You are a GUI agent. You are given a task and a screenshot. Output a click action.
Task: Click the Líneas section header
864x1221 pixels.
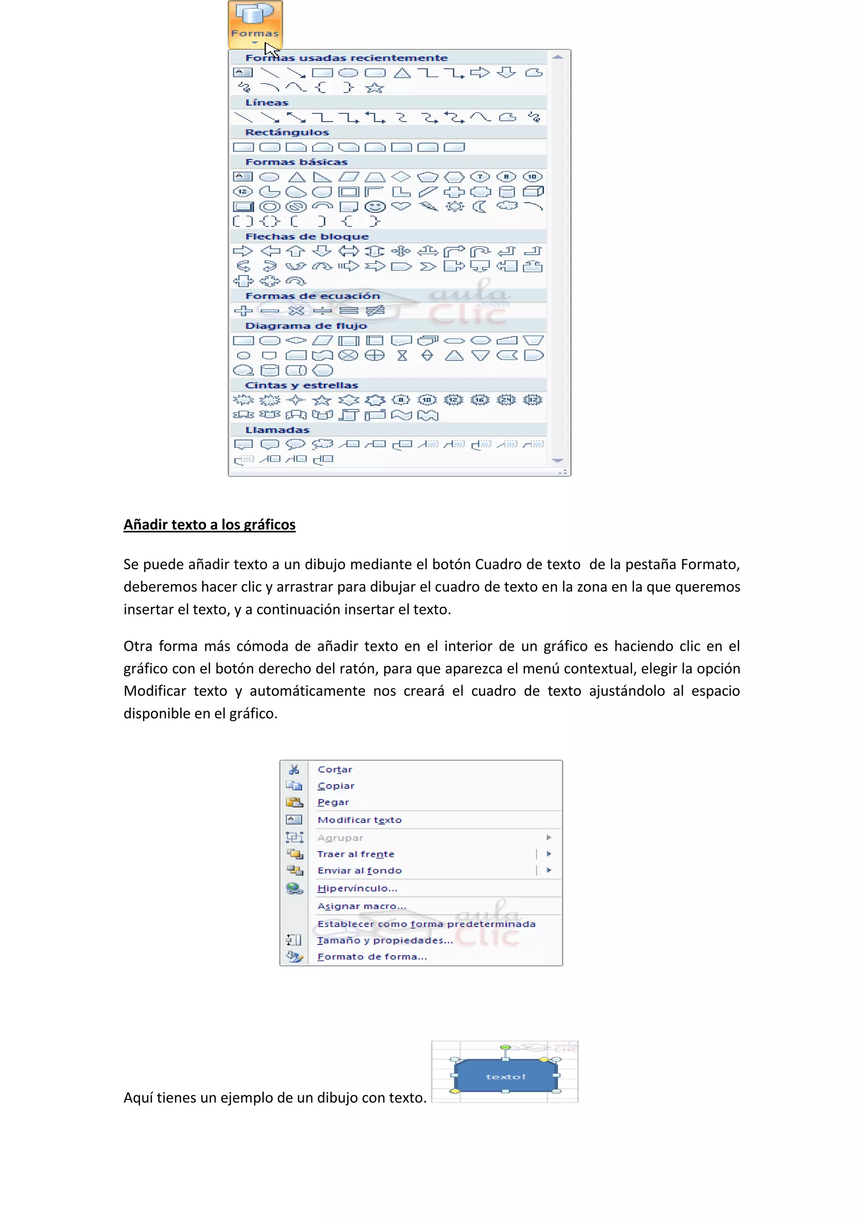point(267,102)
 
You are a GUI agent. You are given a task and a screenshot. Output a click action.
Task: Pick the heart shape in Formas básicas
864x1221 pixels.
point(401,206)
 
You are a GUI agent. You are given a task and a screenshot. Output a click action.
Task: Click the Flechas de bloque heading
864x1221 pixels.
point(307,237)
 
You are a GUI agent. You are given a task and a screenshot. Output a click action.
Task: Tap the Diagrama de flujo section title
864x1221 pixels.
point(306,326)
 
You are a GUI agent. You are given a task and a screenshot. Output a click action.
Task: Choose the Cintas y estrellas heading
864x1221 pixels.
point(302,385)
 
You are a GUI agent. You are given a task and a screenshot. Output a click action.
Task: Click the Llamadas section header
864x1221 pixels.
point(277,430)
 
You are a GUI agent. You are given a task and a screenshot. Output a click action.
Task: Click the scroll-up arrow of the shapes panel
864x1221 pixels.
point(558,57)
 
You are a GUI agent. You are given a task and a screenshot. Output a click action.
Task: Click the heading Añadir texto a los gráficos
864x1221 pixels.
point(210,525)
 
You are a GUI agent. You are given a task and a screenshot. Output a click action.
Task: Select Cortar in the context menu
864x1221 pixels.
point(335,769)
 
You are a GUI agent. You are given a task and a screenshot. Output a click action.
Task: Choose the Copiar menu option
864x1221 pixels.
point(336,786)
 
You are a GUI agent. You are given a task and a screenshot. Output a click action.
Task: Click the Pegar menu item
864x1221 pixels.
point(333,802)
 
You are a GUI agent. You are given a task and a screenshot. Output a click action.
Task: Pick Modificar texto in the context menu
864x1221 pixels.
point(359,820)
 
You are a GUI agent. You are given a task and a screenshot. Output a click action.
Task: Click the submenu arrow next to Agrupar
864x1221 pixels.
point(549,838)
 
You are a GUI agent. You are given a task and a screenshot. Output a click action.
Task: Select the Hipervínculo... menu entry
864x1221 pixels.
point(357,889)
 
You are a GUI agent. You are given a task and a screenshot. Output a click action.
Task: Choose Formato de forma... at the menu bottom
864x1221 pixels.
point(372,957)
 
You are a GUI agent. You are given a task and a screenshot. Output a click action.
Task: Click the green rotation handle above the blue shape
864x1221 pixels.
point(505,1047)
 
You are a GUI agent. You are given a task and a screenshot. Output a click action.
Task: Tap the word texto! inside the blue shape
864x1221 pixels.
point(505,1076)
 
